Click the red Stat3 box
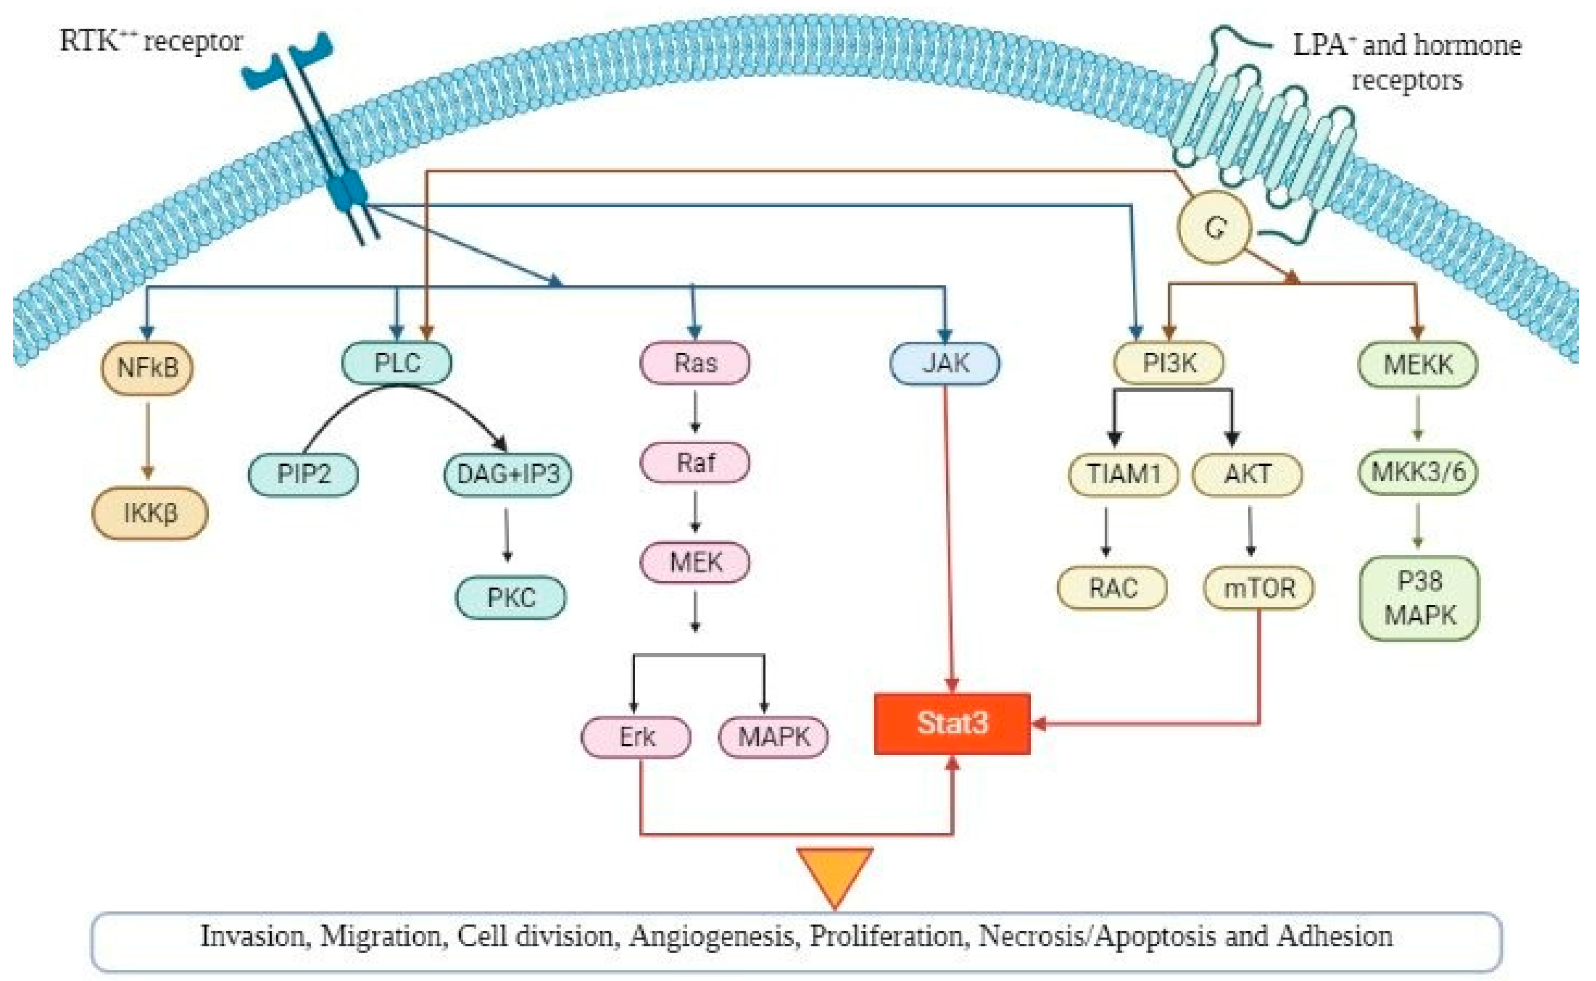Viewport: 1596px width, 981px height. pos(951,723)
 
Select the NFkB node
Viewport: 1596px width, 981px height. pos(147,368)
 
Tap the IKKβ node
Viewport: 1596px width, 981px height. pos(150,513)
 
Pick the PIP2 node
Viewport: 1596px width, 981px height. pos(303,474)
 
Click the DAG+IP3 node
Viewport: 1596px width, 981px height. pos(508,474)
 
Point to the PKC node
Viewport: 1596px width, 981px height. pos(511,597)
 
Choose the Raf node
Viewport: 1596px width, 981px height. pos(695,463)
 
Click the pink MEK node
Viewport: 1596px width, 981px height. pos(695,562)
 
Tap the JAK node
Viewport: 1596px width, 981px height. pos(945,363)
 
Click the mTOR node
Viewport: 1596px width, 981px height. pos(1258,589)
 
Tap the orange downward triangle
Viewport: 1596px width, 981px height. pos(834,873)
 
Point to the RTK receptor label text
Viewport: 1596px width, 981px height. pos(151,42)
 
